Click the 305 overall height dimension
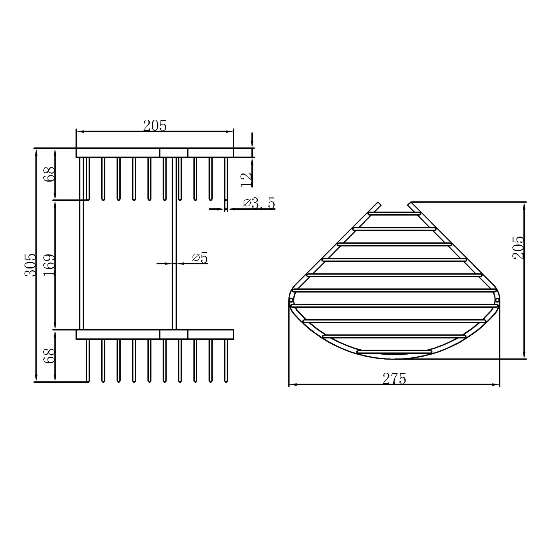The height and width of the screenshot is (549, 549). point(30,265)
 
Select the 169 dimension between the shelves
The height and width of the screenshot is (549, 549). point(49,265)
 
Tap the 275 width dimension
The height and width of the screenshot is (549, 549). point(394,379)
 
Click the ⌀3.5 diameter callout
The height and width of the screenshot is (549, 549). point(259,203)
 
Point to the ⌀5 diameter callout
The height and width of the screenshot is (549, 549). point(200,258)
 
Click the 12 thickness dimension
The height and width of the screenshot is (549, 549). point(246,179)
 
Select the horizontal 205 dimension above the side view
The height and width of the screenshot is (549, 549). point(155,126)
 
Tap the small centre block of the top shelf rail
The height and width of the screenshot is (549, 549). point(174,153)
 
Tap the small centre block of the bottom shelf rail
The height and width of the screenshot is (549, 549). point(174,334)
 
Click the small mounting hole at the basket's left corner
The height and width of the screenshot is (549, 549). point(291,300)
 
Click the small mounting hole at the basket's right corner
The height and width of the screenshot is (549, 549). point(497,300)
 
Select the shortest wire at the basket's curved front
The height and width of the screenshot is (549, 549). point(394,351)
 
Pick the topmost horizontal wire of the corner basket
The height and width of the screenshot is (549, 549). point(394,213)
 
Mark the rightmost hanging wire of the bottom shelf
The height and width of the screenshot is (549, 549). point(226,361)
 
